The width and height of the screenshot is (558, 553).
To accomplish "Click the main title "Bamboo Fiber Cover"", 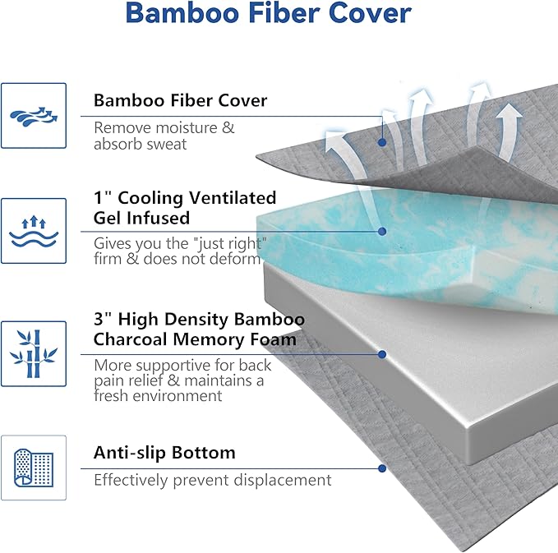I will [270, 14].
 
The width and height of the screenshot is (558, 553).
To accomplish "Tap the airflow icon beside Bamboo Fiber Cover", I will [34, 116].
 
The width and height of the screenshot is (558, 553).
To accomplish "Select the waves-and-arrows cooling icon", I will [34, 230].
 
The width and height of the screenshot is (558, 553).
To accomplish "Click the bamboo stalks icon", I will [34, 353].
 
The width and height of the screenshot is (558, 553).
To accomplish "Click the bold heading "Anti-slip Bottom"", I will [164, 453].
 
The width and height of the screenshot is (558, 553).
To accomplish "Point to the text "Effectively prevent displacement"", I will [212, 480].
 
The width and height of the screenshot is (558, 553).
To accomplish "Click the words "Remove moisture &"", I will [164, 128].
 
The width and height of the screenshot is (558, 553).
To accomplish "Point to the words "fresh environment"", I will [158, 396].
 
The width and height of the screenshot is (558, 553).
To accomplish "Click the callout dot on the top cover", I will [383, 142].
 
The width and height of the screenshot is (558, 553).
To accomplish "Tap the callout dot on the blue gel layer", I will [383, 232].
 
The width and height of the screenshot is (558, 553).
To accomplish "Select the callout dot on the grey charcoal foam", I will [383, 355].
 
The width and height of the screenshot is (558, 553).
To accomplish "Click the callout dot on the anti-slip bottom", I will [383, 468].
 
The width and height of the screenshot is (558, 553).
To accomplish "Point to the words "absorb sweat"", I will [141, 145].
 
